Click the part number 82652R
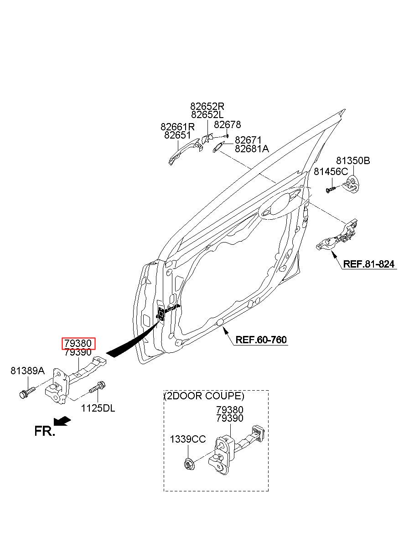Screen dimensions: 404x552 (x=207, y=106)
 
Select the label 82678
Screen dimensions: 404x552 (x=227, y=125)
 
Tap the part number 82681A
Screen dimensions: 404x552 (x=252, y=149)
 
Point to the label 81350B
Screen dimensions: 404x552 (x=353, y=160)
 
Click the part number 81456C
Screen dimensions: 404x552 (x=331, y=171)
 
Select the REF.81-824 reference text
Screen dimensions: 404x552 (x=369, y=264)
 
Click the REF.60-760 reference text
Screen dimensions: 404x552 (x=261, y=340)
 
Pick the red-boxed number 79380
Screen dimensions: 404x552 (x=78, y=343)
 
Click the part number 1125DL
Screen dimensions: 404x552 (x=98, y=408)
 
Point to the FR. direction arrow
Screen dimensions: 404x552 (x=62, y=421)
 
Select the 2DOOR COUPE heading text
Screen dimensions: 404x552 (x=204, y=396)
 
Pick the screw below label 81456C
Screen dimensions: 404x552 (x=331, y=190)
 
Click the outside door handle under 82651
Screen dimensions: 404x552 (x=185, y=152)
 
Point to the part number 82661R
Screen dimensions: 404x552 (x=177, y=127)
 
